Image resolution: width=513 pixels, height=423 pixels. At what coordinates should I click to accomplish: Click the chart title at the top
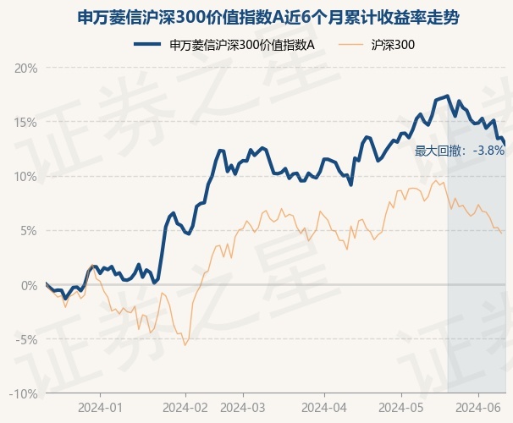pos(256,17)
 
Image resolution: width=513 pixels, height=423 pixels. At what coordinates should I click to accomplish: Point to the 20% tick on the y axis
pos(27,68)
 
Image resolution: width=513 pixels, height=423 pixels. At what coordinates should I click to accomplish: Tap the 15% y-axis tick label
pos(27,122)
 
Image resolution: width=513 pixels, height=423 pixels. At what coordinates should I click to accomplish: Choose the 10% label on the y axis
pos(27,176)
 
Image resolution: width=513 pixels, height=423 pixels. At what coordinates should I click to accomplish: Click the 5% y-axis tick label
pos(30,230)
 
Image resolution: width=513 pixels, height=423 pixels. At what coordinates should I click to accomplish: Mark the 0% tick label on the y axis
pos(30,285)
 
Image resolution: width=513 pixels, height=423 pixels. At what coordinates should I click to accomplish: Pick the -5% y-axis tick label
pos(28,339)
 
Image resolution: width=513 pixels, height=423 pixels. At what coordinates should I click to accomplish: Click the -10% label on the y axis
pos(25,393)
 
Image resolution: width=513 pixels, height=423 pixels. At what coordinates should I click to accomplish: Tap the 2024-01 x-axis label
pos(100,408)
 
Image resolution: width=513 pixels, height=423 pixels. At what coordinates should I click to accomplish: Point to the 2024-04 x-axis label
pos(325,408)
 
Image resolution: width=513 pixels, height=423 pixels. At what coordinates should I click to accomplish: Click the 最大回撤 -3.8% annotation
pos(460,151)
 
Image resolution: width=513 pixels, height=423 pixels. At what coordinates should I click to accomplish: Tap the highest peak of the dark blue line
pos(447,96)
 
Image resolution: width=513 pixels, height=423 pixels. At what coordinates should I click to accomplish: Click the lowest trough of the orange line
pos(185,345)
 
